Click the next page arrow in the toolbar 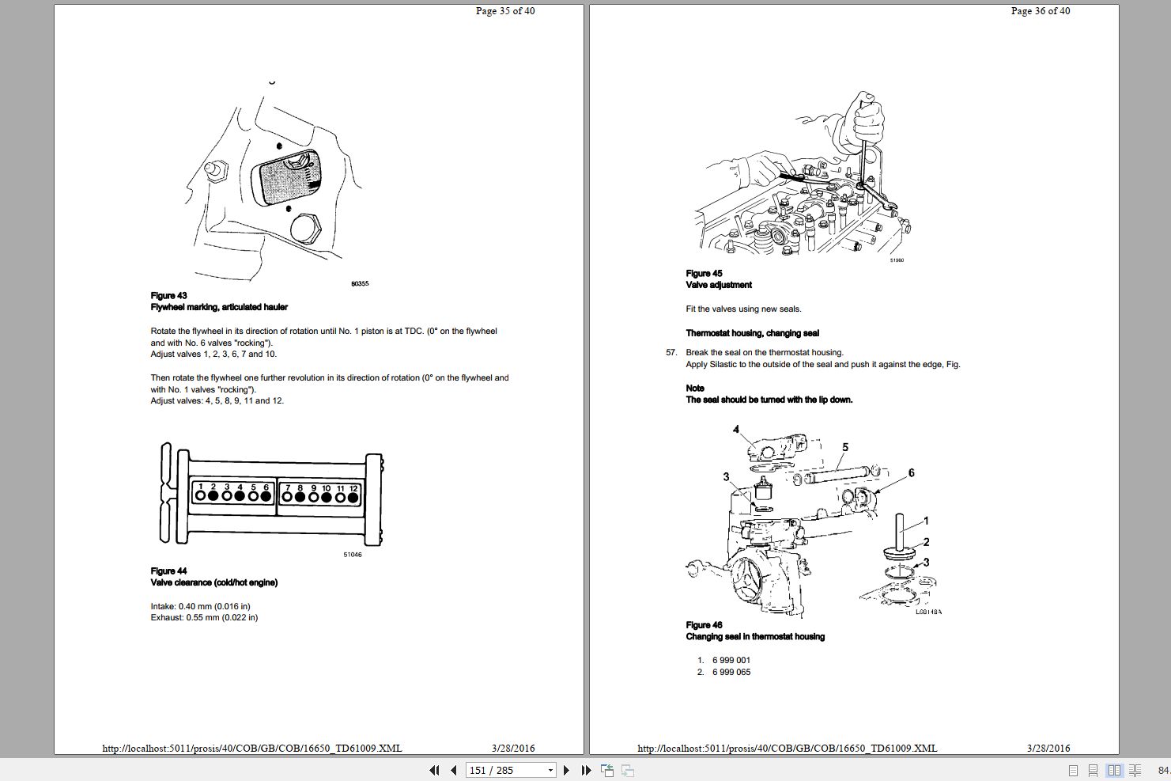point(566,770)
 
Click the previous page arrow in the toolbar point(453,770)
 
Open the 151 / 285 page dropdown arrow point(550,770)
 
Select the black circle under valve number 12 point(353,498)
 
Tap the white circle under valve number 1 point(201,496)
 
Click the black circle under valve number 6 point(266,496)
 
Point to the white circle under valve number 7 point(288,498)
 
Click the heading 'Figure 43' point(168,295)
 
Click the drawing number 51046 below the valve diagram point(353,555)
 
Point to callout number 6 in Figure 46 point(911,473)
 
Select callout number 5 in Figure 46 point(845,447)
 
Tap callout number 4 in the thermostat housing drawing point(736,430)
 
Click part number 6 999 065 point(731,672)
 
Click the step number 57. point(671,353)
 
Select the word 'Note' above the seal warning point(695,388)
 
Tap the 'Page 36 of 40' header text point(1041,11)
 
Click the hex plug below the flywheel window point(305,229)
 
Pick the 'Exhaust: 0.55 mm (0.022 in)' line point(204,617)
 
